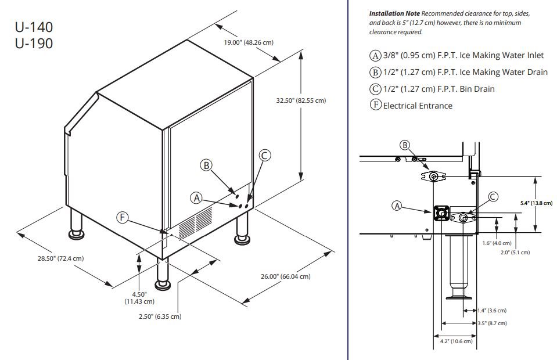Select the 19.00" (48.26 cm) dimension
(x=249, y=42)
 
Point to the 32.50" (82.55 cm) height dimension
(x=301, y=100)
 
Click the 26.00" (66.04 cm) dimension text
(x=285, y=276)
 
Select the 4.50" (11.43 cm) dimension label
(x=139, y=297)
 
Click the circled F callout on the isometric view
(x=122, y=217)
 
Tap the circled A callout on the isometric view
(x=196, y=198)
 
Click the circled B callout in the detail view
(x=405, y=145)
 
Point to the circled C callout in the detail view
(x=493, y=197)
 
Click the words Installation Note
(x=394, y=13)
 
